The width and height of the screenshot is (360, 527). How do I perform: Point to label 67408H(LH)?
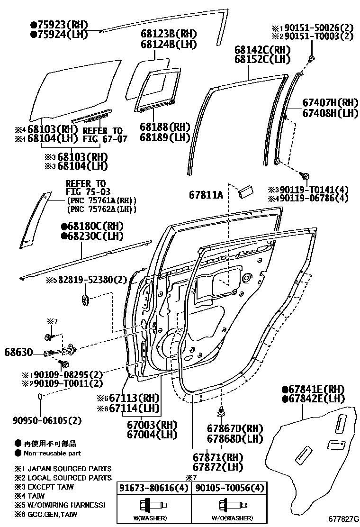pos(330,113)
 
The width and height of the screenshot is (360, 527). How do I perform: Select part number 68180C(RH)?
pos(92,226)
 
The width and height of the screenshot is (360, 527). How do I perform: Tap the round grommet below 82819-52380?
pos(85,300)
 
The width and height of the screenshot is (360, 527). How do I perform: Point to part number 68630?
pos(18,352)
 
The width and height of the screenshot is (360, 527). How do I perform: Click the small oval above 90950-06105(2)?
pos(41,396)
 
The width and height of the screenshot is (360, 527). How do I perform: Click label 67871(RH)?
pos(218,457)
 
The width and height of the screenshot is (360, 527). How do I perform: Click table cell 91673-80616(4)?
pos(153,488)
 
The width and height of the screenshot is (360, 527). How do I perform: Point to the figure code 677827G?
pos(344,519)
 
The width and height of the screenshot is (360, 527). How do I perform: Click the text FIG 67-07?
pos(105,139)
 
